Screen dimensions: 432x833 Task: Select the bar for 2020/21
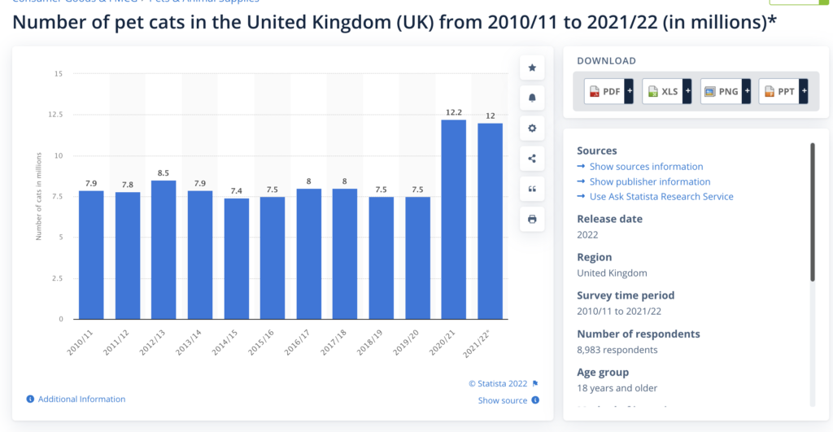tap(453, 220)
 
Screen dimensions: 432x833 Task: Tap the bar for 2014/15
tap(236, 259)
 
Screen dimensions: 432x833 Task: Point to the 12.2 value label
tap(453, 112)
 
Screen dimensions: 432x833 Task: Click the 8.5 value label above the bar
tap(164, 172)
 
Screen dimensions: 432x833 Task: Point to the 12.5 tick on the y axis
tap(56, 115)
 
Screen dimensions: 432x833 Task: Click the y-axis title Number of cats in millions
tap(38, 195)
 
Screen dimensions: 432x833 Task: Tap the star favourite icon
tap(532, 68)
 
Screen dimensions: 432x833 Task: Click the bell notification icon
tap(532, 98)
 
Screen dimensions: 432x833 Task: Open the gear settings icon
tap(532, 128)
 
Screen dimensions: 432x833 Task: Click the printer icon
tap(532, 219)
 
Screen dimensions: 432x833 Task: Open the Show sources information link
tap(646, 167)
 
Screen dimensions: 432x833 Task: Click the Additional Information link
tap(81, 399)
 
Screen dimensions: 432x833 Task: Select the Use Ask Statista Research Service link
tap(661, 197)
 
